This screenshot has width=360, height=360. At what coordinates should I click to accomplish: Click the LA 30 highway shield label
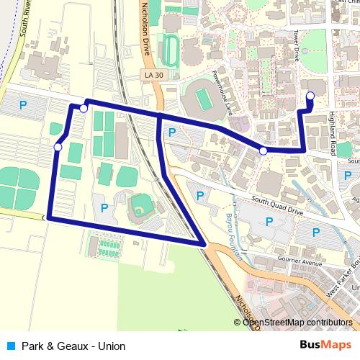coord(150,75)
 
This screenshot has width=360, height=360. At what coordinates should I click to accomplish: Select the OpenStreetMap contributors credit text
coord(299,322)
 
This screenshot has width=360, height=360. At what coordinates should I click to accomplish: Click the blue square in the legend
coord(11,346)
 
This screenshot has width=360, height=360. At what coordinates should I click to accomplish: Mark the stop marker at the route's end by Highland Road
coord(310,95)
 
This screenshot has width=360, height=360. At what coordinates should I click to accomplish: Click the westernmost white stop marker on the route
coord(58,148)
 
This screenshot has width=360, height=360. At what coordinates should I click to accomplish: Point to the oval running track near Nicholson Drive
coord(171,50)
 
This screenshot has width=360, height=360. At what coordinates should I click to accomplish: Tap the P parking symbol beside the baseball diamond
coord(104,209)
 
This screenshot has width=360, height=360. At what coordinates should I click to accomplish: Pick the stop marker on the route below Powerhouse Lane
coord(264,150)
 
